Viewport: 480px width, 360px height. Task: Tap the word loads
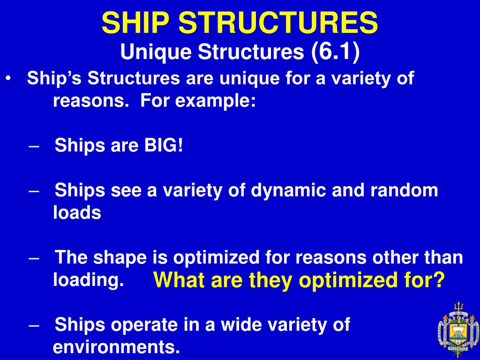pos(77,213)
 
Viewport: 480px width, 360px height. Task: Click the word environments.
pos(117,347)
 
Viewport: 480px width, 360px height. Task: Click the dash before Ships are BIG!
pos(34,146)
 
